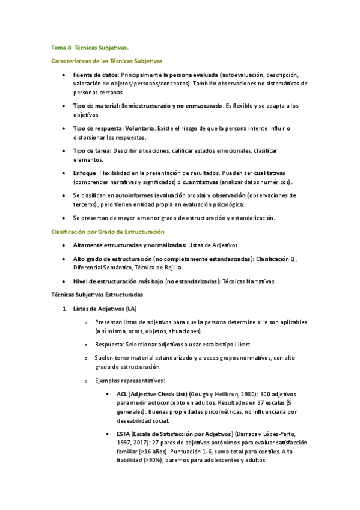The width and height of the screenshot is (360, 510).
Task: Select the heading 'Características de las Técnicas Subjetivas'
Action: tap(107, 61)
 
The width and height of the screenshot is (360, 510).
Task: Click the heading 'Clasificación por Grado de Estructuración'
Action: tap(108, 232)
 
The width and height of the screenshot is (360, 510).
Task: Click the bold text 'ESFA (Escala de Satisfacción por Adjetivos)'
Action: tap(175, 434)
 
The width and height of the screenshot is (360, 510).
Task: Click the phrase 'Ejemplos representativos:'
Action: tap(130, 380)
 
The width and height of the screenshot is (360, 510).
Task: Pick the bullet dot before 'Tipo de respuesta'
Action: tap(64, 129)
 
